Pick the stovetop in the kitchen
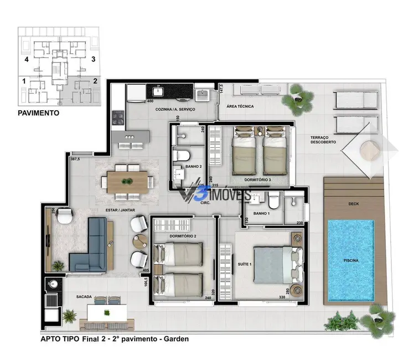118,117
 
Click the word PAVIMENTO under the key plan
39,112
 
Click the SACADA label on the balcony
85,296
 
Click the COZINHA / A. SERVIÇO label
167,110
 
